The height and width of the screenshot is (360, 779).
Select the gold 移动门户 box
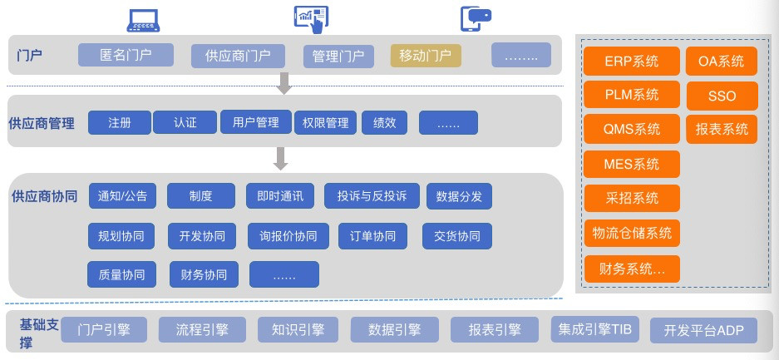[426, 55]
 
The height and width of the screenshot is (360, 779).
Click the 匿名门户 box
[126, 55]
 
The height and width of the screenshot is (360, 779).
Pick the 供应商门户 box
[238, 56]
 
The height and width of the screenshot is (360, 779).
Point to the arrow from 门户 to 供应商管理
[284, 83]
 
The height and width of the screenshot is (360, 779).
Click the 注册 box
[119, 122]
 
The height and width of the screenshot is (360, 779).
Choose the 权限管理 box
[326, 122]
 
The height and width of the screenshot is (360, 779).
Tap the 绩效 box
[384, 122]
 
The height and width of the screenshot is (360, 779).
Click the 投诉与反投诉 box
[372, 196]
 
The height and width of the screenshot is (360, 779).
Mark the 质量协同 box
[121, 274]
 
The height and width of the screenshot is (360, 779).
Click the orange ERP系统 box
[632, 61]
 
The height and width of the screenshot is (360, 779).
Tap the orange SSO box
[722, 96]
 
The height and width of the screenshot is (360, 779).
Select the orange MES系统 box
[632, 164]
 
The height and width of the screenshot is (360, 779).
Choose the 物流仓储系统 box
[632, 233]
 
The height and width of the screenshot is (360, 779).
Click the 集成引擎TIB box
[592, 329]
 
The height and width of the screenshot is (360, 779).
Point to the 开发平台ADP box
[704, 331]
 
